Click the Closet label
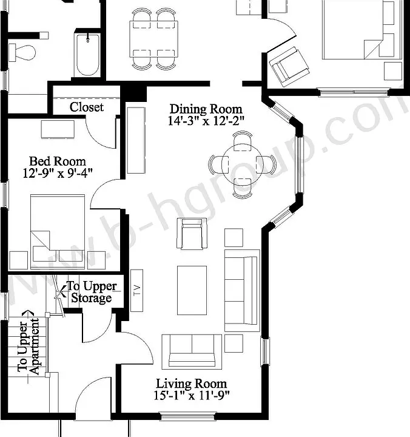[x=87, y=107]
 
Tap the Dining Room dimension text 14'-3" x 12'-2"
[x=206, y=121]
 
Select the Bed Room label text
[x=58, y=161]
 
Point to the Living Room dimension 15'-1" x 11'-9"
[x=191, y=395]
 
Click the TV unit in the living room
[x=136, y=290]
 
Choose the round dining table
[x=243, y=164]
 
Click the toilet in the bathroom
[x=22, y=52]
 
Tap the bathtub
[x=87, y=55]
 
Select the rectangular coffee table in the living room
[x=192, y=290]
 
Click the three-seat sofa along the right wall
[x=242, y=290]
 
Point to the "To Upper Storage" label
[x=92, y=292]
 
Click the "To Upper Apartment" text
[x=28, y=347]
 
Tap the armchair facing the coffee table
[x=192, y=234]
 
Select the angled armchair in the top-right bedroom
[x=289, y=67]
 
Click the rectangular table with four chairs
[x=154, y=39]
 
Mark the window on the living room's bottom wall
[x=188, y=416]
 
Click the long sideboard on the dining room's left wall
[x=136, y=141]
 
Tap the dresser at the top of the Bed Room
[x=58, y=129]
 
